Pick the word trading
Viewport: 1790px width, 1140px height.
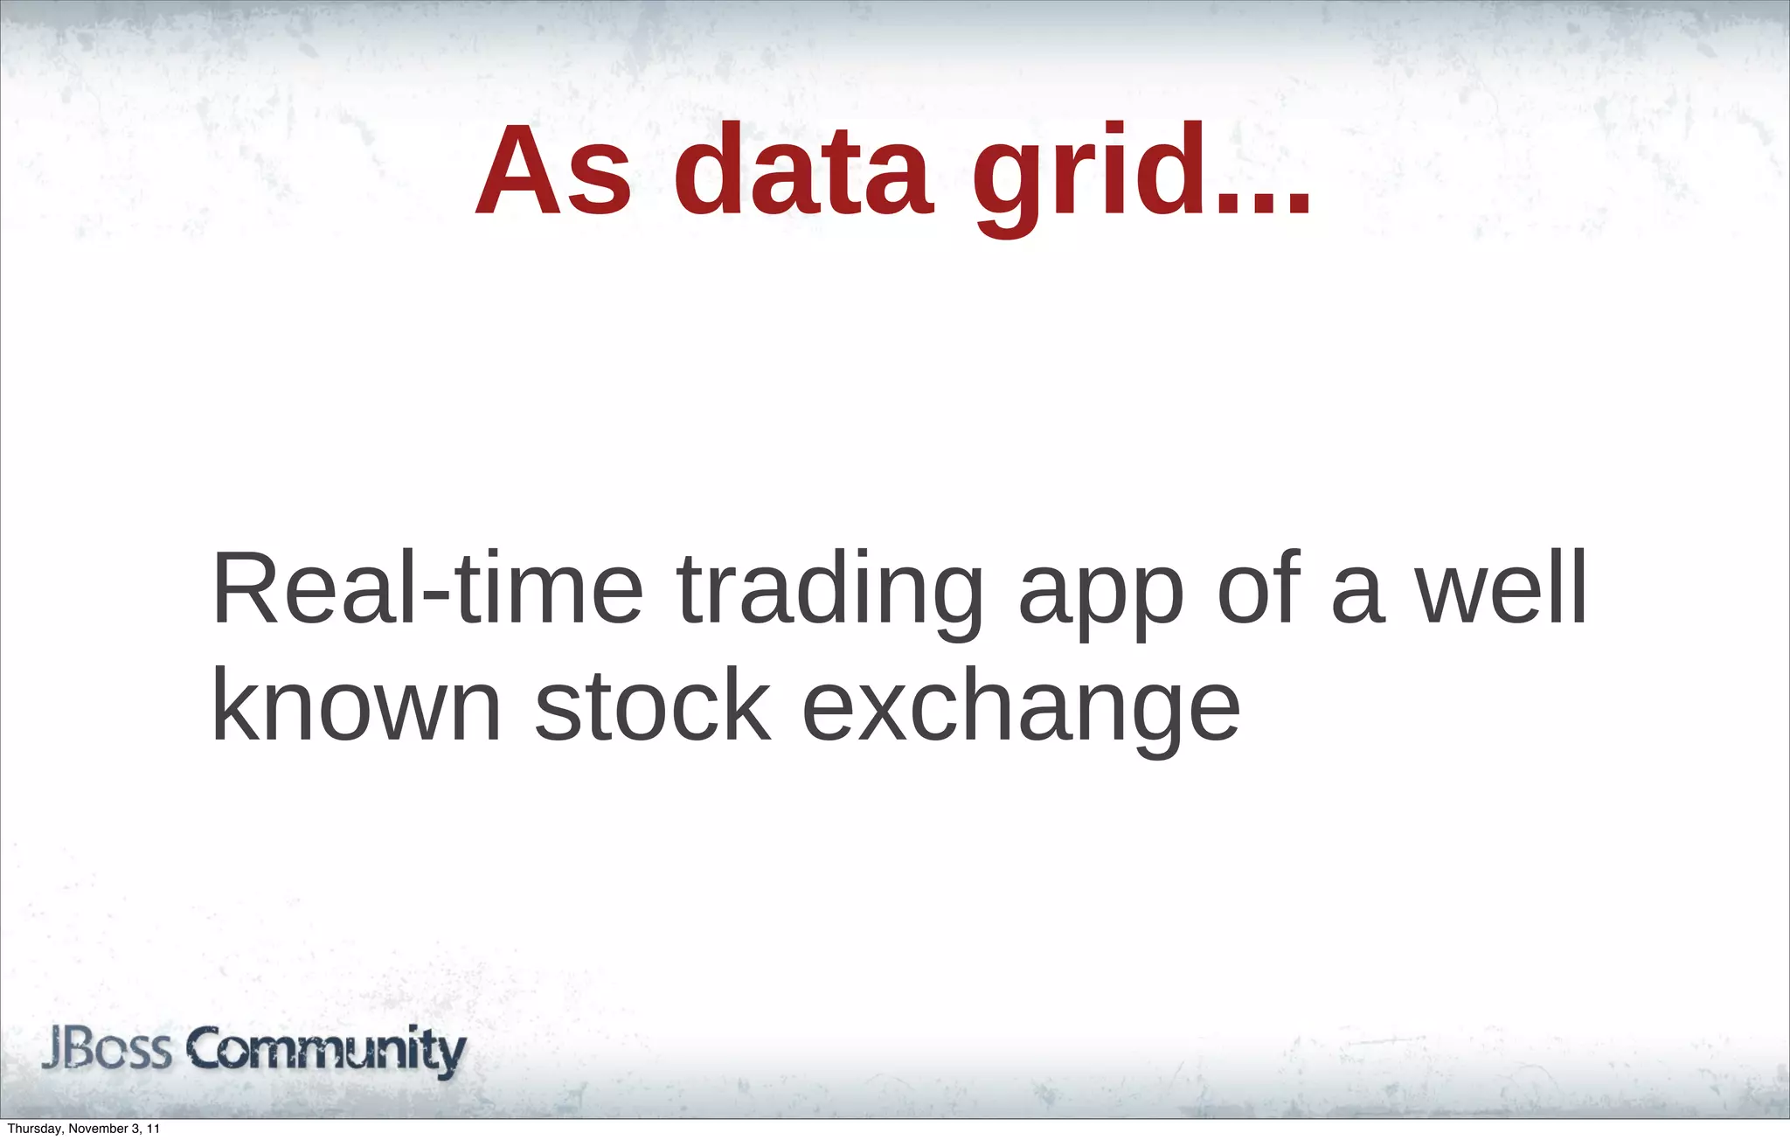[x=829, y=594]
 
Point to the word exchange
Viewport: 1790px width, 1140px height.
[x=1020, y=710]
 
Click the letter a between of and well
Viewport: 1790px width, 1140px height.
[x=1357, y=595]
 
